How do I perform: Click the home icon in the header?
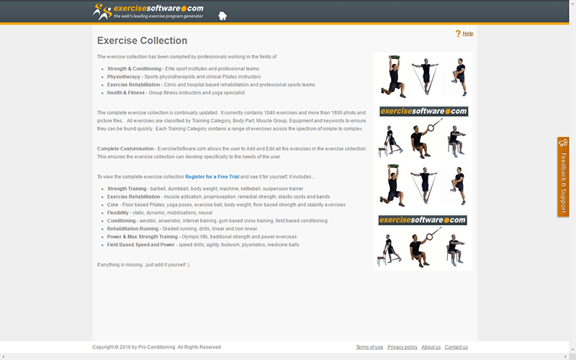coord(222,15)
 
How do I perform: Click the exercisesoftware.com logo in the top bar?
coord(148,12)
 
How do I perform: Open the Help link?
coord(468,34)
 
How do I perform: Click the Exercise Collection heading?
coord(142,41)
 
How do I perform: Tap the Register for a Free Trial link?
coord(212,176)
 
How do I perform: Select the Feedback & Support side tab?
coord(563,176)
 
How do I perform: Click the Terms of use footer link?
coord(369,347)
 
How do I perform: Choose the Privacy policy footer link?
coord(402,347)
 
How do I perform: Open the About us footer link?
coord(431,347)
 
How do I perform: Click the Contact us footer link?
coord(456,347)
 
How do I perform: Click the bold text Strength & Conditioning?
coord(135,68)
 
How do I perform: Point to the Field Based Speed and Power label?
coord(141,244)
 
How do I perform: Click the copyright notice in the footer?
coord(156,347)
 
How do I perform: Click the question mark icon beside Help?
coord(458,34)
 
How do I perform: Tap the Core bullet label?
coord(114,204)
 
